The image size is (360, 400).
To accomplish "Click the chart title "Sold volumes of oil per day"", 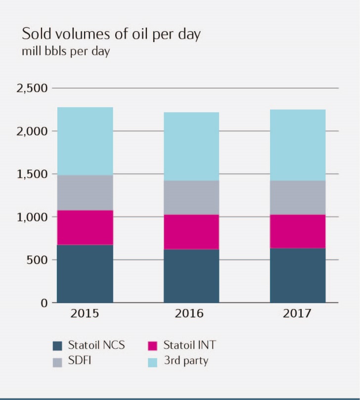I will [x=111, y=35].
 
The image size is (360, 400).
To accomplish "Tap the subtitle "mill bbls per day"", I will [x=65, y=51].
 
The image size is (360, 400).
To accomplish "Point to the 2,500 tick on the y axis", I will [x=32, y=89].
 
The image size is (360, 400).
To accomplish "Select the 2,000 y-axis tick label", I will [x=32, y=132].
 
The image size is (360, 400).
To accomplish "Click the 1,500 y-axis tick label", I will [x=32, y=174].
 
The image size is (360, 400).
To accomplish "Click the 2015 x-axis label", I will [x=85, y=314].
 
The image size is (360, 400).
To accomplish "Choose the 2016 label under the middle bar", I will [x=191, y=314].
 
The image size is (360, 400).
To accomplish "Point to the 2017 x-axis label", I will [x=298, y=314].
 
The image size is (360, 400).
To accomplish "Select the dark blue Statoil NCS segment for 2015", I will [x=85, y=273].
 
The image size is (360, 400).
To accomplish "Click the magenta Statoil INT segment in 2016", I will [x=191, y=232].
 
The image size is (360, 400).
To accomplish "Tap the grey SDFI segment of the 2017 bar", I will [x=298, y=197].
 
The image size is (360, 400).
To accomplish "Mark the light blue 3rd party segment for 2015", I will [x=85, y=141].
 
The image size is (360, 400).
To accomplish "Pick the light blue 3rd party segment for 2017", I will [x=298, y=145].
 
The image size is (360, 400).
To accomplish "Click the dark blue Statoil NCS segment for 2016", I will [x=191, y=275].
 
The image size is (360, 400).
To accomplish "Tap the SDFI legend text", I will [x=80, y=361].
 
